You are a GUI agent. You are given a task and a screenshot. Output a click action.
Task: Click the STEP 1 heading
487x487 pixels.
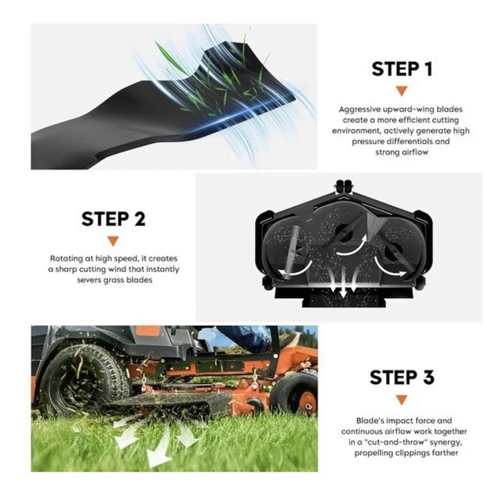coord(402,69)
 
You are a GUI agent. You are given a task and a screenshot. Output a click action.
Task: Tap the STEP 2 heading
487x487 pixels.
coord(113,219)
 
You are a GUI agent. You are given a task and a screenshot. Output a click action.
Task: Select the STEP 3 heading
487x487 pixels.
coord(402,377)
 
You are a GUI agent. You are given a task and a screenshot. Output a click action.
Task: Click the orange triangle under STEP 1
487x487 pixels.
coord(402,91)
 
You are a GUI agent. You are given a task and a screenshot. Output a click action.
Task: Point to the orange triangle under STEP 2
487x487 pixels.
coord(113,241)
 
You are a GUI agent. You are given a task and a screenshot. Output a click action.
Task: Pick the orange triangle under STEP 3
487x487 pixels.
coord(402,400)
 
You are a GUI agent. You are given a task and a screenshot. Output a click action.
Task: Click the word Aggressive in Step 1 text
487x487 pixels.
coord(360,110)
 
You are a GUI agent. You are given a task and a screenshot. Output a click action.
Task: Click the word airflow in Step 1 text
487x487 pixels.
coord(415,152)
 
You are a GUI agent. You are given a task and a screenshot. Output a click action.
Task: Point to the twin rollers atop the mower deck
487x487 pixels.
coord(344,186)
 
